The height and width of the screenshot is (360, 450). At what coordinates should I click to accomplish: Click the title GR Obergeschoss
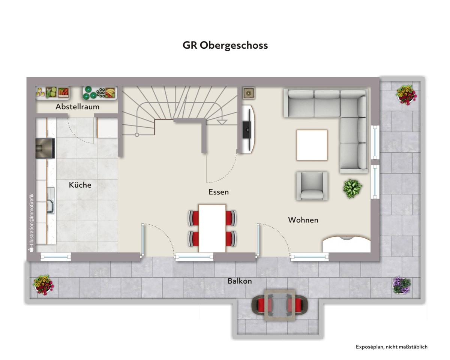225,45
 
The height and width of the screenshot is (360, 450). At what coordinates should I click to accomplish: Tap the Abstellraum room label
77,107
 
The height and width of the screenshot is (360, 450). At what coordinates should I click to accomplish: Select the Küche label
80,185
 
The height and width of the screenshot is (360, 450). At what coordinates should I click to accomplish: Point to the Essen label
219,192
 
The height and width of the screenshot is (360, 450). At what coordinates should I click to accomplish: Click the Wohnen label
303,220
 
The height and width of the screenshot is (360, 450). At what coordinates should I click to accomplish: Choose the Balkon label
240,281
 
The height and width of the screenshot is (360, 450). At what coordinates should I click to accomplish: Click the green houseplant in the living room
352,188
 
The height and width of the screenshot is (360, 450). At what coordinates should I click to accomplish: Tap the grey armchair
312,186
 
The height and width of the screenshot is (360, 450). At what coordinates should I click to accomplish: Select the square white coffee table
312,145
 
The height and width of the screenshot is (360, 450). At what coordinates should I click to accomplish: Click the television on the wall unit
247,130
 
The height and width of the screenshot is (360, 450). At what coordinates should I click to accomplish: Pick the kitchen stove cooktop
45,148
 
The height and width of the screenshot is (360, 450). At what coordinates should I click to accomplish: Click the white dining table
212,229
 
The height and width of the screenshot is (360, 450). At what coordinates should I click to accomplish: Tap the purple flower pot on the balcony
402,285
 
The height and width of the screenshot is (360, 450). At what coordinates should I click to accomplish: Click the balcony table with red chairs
280,305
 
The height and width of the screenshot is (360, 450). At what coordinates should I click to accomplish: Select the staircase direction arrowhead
222,122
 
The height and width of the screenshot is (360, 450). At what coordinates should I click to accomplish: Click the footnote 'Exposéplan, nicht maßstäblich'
391,347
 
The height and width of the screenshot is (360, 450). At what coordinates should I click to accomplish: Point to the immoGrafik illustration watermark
31,223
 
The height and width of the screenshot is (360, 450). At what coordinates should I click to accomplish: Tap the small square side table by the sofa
249,93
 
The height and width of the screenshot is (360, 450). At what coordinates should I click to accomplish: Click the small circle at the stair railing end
137,135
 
